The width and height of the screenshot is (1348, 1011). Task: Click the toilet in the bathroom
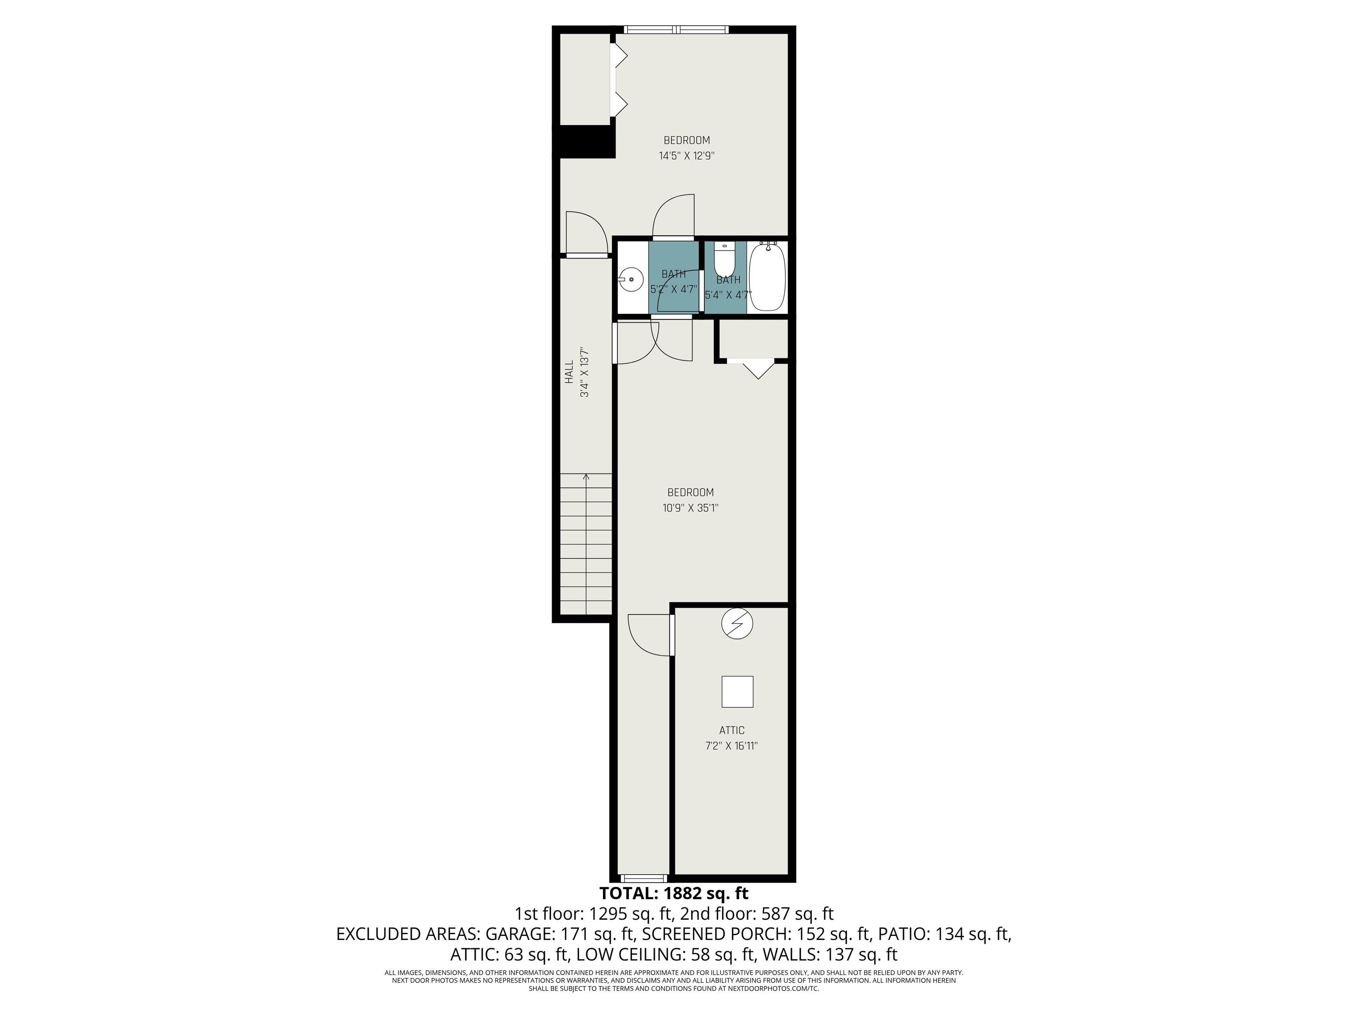[x=724, y=260]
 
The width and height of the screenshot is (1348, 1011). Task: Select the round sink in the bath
[x=631, y=280]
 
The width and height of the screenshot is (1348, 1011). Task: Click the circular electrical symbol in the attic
[x=737, y=624]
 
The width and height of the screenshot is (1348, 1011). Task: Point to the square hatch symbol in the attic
[x=737, y=692]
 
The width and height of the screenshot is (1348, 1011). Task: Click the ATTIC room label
[x=732, y=730]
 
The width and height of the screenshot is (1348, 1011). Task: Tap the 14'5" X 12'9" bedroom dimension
[x=687, y=155]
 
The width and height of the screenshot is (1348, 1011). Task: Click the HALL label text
[x=569, y=372]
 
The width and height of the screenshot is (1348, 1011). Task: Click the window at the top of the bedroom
[x=677, y=29]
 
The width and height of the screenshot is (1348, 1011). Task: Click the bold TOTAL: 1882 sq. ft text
[x=674, y=893]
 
